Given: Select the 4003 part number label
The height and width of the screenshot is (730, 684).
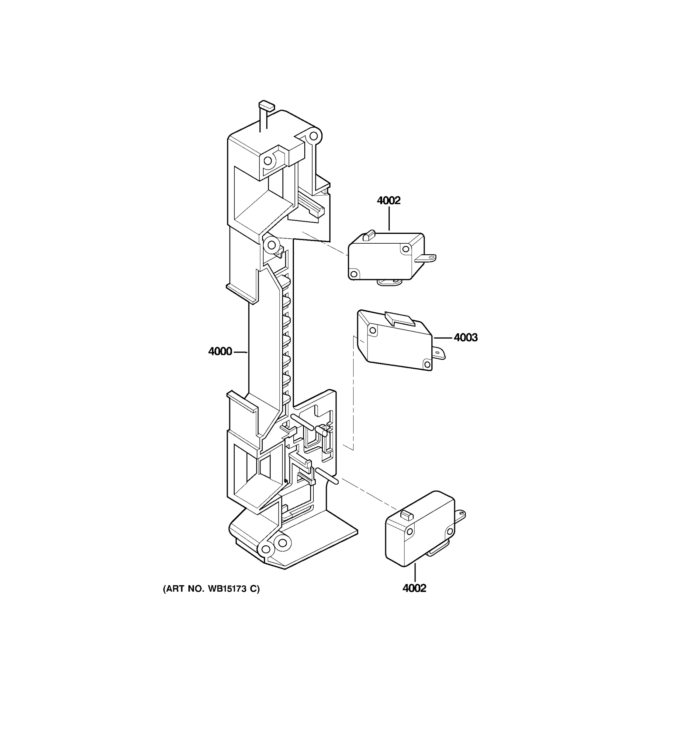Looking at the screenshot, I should point(466,337).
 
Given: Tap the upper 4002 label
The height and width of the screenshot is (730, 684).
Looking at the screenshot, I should point(389,200).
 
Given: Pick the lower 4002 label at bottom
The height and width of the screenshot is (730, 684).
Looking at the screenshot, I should point(414,588).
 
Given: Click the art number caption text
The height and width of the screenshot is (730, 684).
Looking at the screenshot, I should point(211,589).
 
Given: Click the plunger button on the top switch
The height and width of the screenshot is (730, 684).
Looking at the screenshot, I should point(368,235).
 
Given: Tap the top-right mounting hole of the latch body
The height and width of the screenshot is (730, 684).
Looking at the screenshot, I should point(313,136).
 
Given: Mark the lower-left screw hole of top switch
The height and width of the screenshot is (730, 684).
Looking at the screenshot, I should point(354,273).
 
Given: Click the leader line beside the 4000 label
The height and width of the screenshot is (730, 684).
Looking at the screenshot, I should point(240,352).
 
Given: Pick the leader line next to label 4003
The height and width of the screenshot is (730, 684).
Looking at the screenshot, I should point(443,337).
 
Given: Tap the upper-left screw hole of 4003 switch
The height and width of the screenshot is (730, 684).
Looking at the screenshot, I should point(372,330).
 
